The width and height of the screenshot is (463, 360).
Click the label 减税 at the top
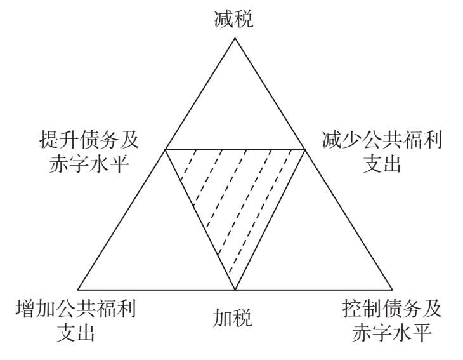click(234, 20)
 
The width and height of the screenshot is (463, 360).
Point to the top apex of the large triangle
click(235, 38)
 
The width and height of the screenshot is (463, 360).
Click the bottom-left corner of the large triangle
click(77, 289)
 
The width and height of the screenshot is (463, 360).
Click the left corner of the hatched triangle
click(166, 149)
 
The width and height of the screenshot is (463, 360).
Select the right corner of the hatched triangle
click(305, 149)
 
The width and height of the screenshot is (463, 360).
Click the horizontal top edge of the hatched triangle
click(235, 149)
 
